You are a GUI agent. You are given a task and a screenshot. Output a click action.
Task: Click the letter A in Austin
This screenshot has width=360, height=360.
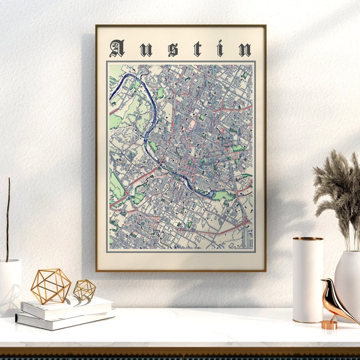(117, 48)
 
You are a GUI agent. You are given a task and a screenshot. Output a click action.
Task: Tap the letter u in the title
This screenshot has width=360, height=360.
(146, 49)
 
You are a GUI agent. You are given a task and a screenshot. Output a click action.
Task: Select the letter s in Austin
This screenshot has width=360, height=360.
(173, 49)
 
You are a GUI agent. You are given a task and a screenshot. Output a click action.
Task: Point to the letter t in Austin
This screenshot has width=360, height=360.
(197, 48)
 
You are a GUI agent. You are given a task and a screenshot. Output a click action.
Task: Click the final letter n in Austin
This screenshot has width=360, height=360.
(245, 49)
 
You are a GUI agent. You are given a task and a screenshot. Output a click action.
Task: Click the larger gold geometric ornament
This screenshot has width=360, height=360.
(51, 286)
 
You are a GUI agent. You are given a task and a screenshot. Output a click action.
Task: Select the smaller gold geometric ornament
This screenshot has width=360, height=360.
(85, 289)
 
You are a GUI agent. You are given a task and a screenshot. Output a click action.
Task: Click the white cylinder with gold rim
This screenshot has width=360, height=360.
(307, 281)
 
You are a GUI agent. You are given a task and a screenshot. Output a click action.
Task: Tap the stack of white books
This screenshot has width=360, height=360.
(65, 312)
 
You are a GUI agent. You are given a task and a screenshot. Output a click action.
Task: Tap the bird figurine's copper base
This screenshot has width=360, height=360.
(329, 325)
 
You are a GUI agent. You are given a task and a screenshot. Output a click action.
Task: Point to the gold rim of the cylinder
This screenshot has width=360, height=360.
(307, 239)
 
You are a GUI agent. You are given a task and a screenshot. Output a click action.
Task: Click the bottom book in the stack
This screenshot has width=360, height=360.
(63, 321)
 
